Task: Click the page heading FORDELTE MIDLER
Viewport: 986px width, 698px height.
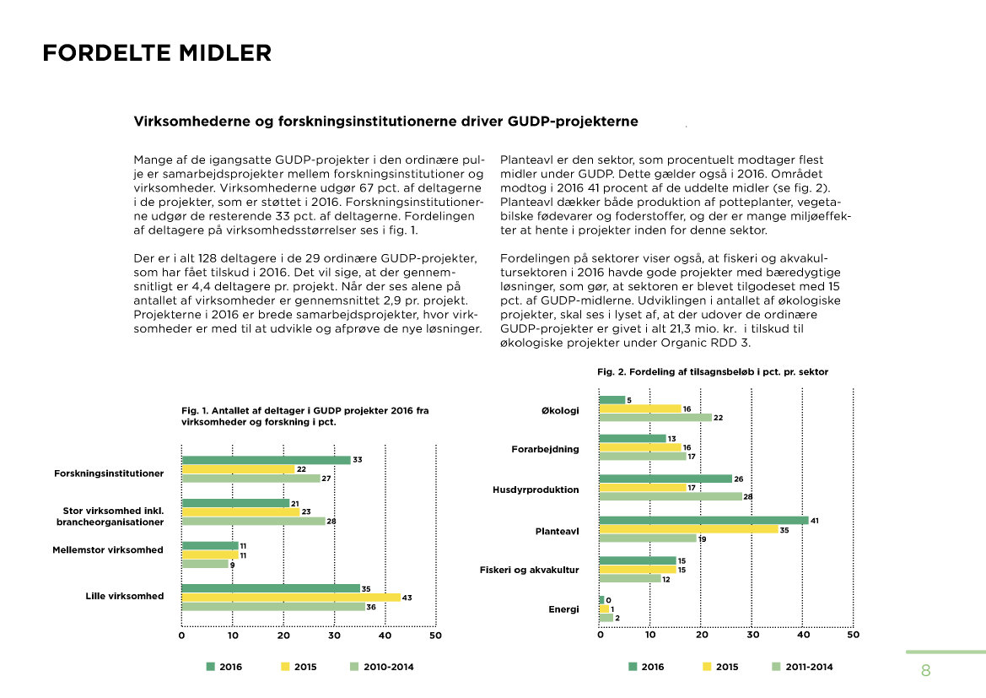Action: (x=157, y=53)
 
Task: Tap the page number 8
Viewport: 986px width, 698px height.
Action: (x=925, y=672)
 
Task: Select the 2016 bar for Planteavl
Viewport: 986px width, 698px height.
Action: (x=703, y=521)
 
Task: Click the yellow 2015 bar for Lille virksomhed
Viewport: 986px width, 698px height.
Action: (x=291, y=597)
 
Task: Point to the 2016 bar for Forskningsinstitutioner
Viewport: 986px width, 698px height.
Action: (x=266, y=460)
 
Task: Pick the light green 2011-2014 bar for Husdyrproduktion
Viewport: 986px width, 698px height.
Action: (x=671, y=496)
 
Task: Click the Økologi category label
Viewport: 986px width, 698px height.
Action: (x=560, y=411)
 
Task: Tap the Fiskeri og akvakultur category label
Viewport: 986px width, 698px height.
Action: (x=529, y=570)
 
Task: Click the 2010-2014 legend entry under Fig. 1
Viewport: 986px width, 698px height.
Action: (x=381, y=667)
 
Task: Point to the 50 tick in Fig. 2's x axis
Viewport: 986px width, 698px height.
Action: (x=853, y=635)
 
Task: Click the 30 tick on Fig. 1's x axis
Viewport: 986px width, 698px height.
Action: (x=334, y=635)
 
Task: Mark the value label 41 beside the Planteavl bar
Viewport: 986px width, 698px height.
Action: (x=815, y=521)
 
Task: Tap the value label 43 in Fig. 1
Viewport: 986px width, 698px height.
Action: (x=407, y=598)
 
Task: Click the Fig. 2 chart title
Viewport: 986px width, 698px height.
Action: (x=712, y=371)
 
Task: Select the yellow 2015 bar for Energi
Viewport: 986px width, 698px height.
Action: (x=603, y=609)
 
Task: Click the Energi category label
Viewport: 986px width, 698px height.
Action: (x=563, y=609)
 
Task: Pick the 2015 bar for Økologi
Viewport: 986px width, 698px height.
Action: (x=639, y=409)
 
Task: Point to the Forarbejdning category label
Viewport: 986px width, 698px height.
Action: (x=545, y=449)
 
